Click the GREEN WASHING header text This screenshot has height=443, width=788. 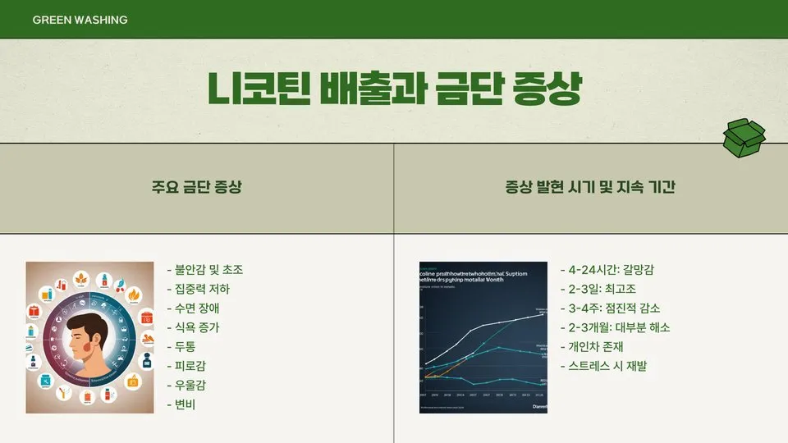(x=80, y=20)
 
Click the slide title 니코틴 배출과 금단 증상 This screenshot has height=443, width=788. (x=394, y=89)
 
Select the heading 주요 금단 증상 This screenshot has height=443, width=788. (x=197, y=188)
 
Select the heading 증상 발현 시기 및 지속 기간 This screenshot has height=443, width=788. (x=590, y=188)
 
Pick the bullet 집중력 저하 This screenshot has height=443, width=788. (x=199, y=289)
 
